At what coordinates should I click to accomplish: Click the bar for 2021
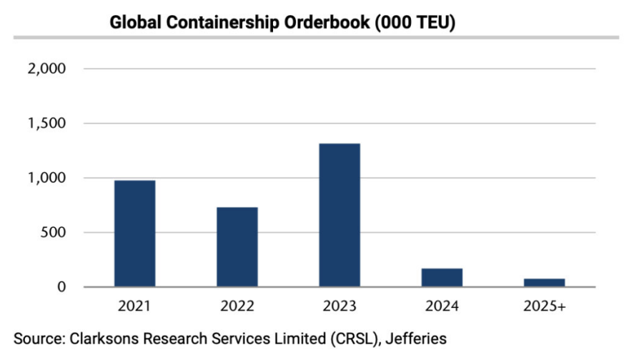point(135,234)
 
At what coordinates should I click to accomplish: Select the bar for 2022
point(237,247)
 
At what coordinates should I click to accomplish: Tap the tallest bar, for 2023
point(340,215)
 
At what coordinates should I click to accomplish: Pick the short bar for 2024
point(442,277)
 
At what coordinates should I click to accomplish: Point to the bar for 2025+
point(544,282)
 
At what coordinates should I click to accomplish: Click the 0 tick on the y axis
point(61,287)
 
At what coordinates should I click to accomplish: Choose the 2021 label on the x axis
point(135,307)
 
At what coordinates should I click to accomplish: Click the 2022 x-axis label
point(237,307)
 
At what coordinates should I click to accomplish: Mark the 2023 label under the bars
point(340,307)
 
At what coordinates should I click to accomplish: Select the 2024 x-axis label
point(442,307)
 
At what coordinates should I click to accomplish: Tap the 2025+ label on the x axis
point(544,307)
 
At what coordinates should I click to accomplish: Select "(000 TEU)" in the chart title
point(415,22)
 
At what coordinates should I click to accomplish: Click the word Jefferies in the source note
point(419,336)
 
